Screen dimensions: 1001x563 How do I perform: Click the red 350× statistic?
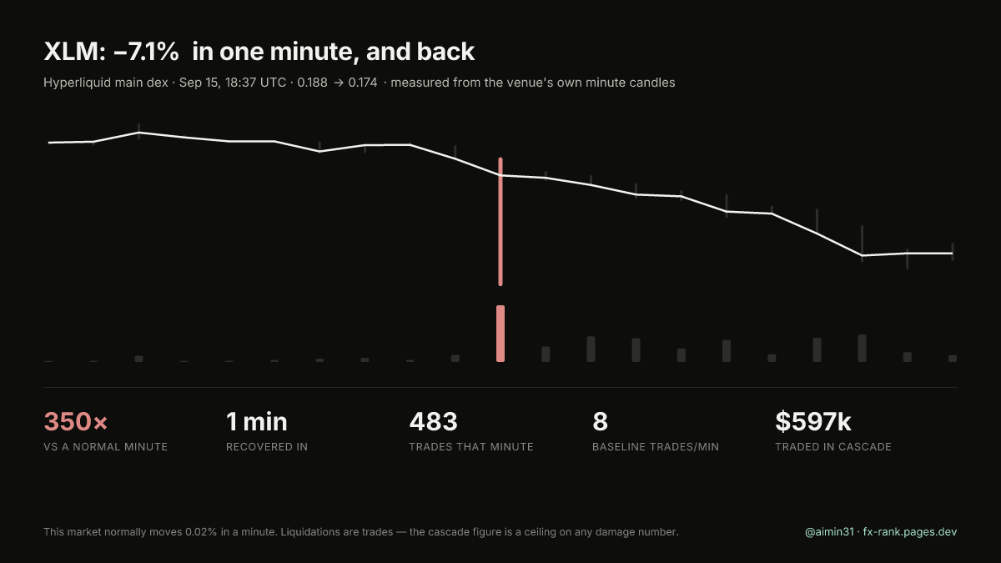coord(76,421)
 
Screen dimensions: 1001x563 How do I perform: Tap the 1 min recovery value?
coord(257,421)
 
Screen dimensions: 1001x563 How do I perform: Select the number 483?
coord(433,421)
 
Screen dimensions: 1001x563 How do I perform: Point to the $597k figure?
coord(812,421)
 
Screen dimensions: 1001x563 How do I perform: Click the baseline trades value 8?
coord(600,421)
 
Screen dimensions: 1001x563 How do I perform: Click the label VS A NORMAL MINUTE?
coord(105,447)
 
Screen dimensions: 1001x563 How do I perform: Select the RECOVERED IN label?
coord(267,447)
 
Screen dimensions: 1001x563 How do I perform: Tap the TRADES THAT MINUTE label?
coord(471,447)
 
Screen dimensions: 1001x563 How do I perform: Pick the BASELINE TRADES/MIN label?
coord(656,447)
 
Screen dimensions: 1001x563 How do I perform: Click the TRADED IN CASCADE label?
coord(833,447)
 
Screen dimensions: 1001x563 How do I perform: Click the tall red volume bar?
coord(500,334)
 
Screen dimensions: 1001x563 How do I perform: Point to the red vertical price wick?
coord(500,222)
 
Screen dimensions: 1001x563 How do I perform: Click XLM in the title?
coord(74,52)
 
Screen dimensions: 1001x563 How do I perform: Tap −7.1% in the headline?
coord(146,52)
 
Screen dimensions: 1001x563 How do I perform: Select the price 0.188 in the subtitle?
coord(312,83)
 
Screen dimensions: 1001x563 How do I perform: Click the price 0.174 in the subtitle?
coord(362,83)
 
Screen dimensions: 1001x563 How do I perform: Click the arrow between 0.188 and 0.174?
coord(339,83)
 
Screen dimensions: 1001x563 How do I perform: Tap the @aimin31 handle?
coord(829,532)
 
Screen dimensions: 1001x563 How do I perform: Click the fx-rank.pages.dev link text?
coord(910,532)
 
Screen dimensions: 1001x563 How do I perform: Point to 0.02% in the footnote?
coord(201,532)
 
